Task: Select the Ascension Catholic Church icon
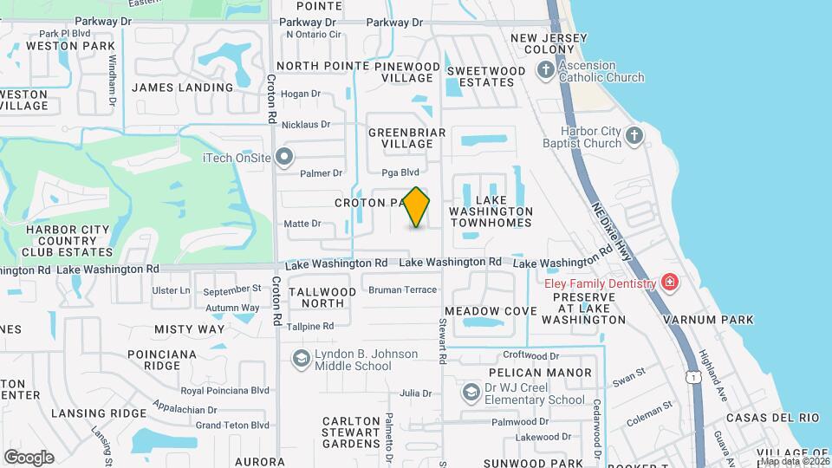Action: pyautogui.click(x=545, y=71)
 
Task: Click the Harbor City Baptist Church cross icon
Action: pyautogui.click(x=634, y=135)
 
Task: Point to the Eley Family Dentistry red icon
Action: pyautogui.click(x=669, y=283)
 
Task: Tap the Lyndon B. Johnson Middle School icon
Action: pyautogui.click(x=301, y=359)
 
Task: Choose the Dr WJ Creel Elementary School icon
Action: pyautogui.click(x=471, y=393)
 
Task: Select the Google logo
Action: pyautogui.click(x=29, y=457)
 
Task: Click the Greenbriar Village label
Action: pyautogui.click(x=406, y=138)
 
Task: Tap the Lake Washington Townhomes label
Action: pyautogui.click(x=491, y=217)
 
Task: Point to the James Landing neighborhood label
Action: pyautogui.click(x=182, y=87)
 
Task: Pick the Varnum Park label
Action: pyautogui.click(x=708, y=320)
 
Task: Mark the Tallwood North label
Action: pyautogui.click(x=322, y=297)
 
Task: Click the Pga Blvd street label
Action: pyautogui.click(x=400, y=172)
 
